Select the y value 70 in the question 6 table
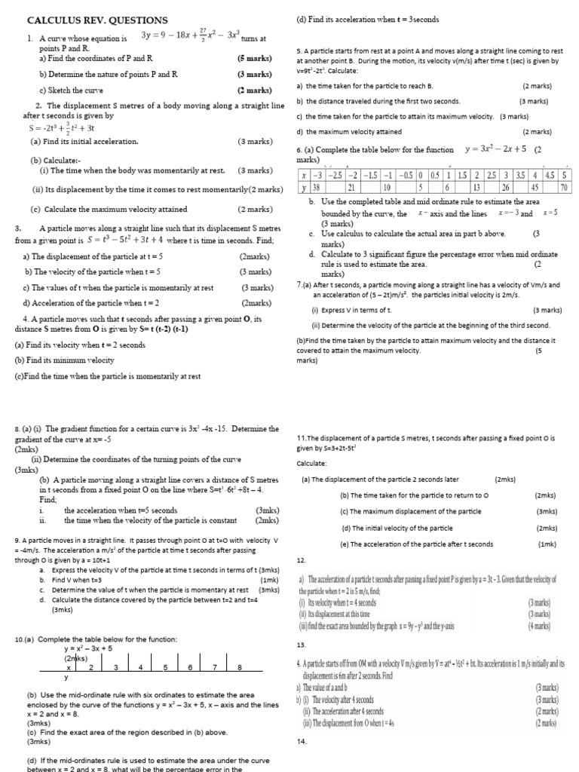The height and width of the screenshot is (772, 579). [x=563, y=187]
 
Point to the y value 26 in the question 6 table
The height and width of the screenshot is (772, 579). [x=505, y=187]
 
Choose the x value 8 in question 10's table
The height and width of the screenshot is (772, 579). [x=239, y=667]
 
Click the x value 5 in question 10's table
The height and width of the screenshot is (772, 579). [x=164, y=667]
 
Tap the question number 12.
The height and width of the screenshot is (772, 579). [x=302, y=560]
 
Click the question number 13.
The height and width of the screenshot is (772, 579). [x=302, y=645]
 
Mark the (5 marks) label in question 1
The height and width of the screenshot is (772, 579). [x=254, y=57]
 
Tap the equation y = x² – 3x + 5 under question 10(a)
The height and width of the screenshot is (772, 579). [x=88, y=648]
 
